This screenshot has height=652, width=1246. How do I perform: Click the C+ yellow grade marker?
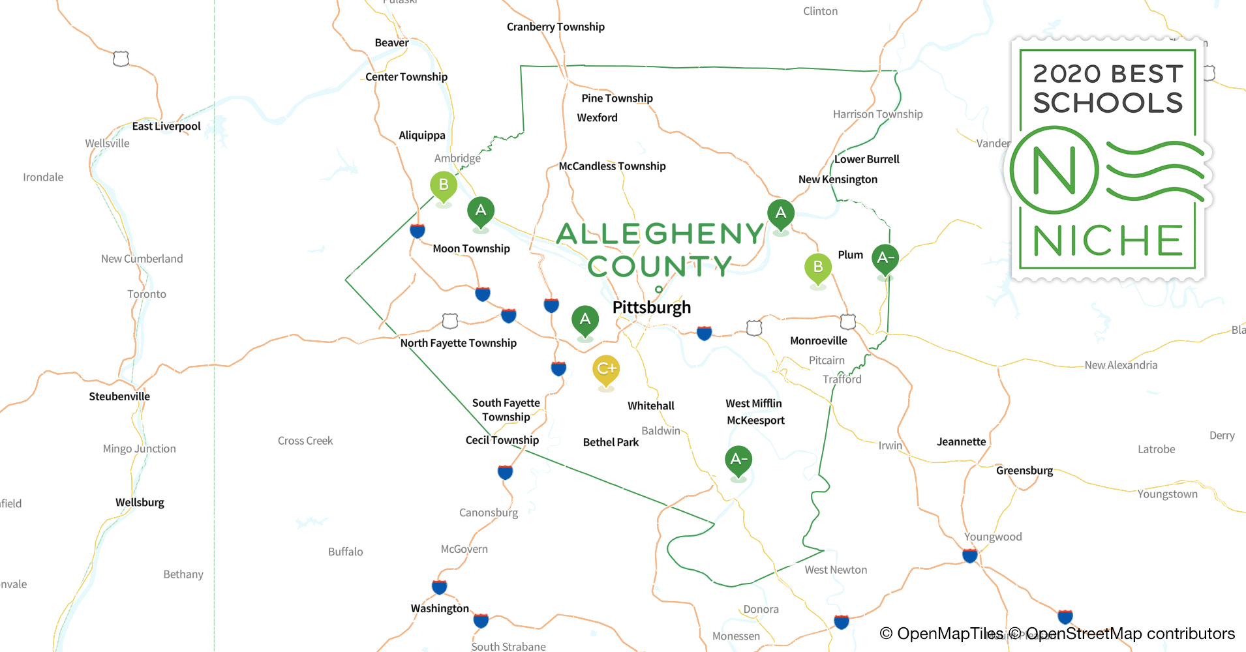click(x=606, y=369)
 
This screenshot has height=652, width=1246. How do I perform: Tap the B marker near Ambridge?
click(x=444, y=185)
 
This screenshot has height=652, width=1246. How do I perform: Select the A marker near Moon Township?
click(x=481, y=211)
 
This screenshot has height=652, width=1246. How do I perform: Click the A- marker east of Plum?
click(x=885, y=258)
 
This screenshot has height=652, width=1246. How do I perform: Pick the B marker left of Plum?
click(x=818, y=267)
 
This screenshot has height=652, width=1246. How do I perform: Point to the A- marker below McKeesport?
click(x=738, y=460)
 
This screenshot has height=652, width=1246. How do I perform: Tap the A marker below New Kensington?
click(x=781, y=213)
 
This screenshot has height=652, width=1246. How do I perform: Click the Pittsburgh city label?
click(x=651, y=307)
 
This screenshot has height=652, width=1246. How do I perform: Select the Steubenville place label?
click(x=119, y=396)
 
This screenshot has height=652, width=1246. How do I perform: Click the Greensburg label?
click(x=1024, y=471)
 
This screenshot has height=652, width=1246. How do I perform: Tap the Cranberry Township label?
click(x=555, y=27)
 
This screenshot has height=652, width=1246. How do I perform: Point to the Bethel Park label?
click(x=611, y=442)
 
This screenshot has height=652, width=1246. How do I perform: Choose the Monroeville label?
click(x=818, y=340)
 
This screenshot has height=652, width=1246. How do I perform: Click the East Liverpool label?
click(x=166, y=126)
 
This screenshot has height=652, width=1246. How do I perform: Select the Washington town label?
click(x=440, y=608)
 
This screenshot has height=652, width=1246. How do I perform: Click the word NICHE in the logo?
click(x=1108, y=241)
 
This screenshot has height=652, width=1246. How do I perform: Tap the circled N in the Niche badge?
click(x=1054, y=171)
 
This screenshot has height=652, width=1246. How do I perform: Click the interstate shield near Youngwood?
click(x=970, y=556)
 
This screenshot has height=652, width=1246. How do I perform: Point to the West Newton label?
click(x=836, y=570)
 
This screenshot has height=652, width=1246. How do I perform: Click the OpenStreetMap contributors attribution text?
click(x=1130, y=634)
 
